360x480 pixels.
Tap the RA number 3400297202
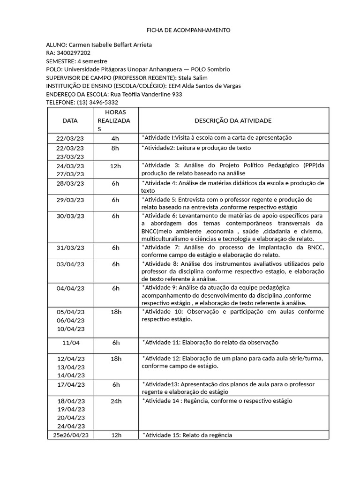[73, 53]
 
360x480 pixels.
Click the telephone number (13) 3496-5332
[97, 102]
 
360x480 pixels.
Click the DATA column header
[70, 120]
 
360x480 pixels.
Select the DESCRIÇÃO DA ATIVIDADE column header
[233, 120]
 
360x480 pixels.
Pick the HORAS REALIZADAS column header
[115, 120]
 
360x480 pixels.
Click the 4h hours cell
[115, 138]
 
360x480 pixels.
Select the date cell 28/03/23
[70, 183]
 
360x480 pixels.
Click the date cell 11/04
[70, 343]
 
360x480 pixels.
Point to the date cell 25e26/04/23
[70, 435]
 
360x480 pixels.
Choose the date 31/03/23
[70, 247]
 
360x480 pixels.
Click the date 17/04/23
[70, 384]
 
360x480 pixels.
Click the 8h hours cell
[115, 148]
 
